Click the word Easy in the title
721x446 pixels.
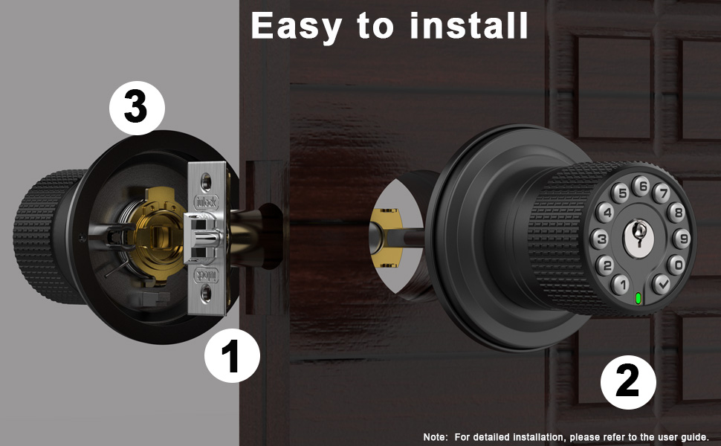pyautogui.click(x=297, y=25)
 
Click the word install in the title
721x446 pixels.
pyautogui.click(x=469, y=25)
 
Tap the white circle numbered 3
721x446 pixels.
pyautogui.click(x=136, y=109)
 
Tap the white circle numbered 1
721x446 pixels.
pyautogui.click(x=232, y=358)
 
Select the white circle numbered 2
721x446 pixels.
pyautogui.click(x=628, y=382)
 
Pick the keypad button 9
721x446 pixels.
pyautogui.click(x=681, y=239)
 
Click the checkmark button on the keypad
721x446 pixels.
pyautogui.click(x=660, y=283)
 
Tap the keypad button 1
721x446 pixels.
pyautogui.click(x=619, y=282)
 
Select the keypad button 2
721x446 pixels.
pyautogui.click(x=605, y=264)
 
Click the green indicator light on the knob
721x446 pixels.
pyautogui.click(x=638, y=300)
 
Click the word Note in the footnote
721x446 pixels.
pyautogui.click(x=436, y=437)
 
